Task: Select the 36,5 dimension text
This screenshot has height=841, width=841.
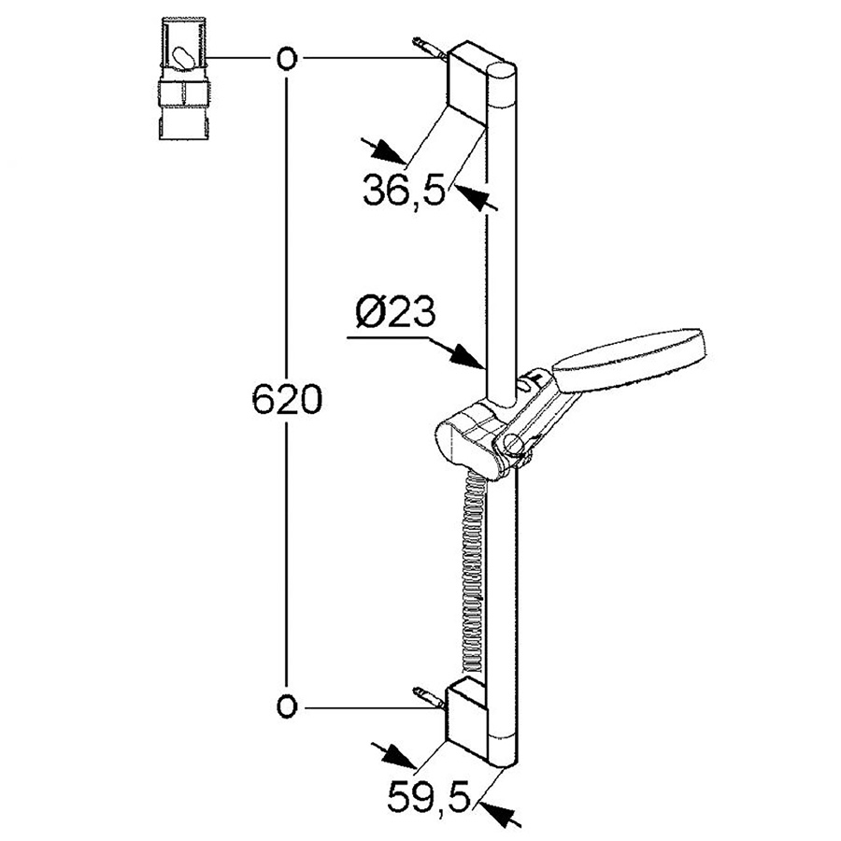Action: (405, 190)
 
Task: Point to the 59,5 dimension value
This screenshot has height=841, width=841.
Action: (429, 798)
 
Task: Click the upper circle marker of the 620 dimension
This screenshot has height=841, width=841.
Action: (287, 59)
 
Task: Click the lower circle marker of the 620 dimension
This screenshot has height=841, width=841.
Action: (287, 707)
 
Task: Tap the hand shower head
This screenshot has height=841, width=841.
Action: (629, 359)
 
